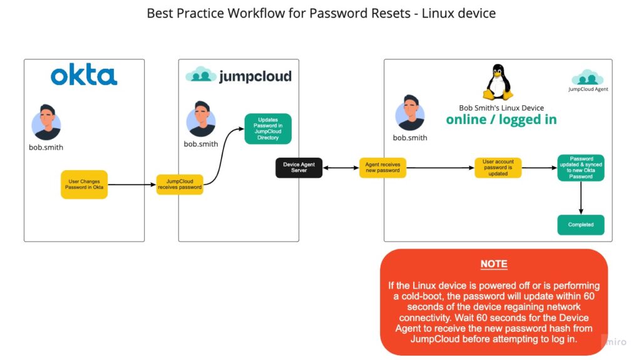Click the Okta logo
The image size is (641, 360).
coord(84,75)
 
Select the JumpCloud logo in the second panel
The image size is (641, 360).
coord(238,76)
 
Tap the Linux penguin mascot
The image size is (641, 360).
coord(498,82)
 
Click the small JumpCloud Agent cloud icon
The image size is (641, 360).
coord(587,77)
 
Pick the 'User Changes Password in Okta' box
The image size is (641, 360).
coord(85,185)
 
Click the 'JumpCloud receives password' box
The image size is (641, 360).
coord(180,185)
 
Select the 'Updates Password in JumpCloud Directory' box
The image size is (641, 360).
coord(268,129)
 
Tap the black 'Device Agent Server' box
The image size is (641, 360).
coord(299,168)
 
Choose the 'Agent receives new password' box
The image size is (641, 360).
coord(382,168)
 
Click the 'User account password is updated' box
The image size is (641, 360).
coord(498,168)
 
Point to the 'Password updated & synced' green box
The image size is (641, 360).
coord(581,168)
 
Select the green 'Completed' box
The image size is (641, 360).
coord(581,225)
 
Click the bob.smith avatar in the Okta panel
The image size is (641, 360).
coord(46,122)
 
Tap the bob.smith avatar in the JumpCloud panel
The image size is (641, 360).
coord(201,119)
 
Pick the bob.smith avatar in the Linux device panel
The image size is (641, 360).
coord(410,113)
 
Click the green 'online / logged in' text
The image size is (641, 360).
coord(501,120)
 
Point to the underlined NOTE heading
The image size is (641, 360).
coord(494,264)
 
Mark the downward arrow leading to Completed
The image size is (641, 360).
coord(581,198)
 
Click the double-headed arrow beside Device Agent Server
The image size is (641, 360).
coord(341,168)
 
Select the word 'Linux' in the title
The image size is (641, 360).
coord(438,13)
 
